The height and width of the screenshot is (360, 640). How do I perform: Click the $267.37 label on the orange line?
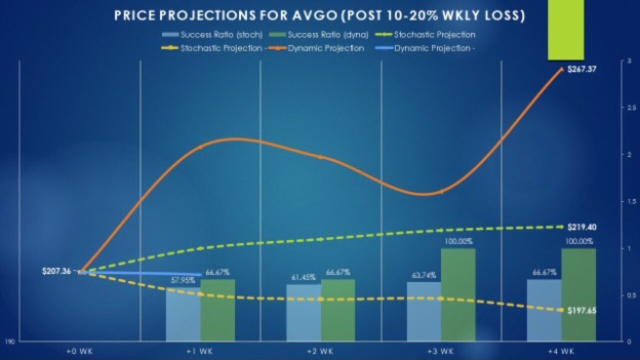581,69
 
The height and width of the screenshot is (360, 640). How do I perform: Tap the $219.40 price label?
581,227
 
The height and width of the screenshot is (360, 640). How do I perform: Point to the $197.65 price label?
581,310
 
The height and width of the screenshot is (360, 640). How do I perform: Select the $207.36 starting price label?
56,271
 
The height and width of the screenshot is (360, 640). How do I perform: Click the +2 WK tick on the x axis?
320,351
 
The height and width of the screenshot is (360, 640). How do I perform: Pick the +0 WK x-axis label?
80,351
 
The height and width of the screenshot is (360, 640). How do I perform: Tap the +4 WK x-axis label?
561,351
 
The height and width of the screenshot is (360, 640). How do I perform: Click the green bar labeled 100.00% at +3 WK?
458,295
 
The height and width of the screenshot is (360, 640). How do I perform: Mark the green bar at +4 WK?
578,295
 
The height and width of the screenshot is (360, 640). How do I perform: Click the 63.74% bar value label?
424,275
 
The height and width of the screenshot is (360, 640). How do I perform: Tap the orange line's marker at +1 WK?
200,147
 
